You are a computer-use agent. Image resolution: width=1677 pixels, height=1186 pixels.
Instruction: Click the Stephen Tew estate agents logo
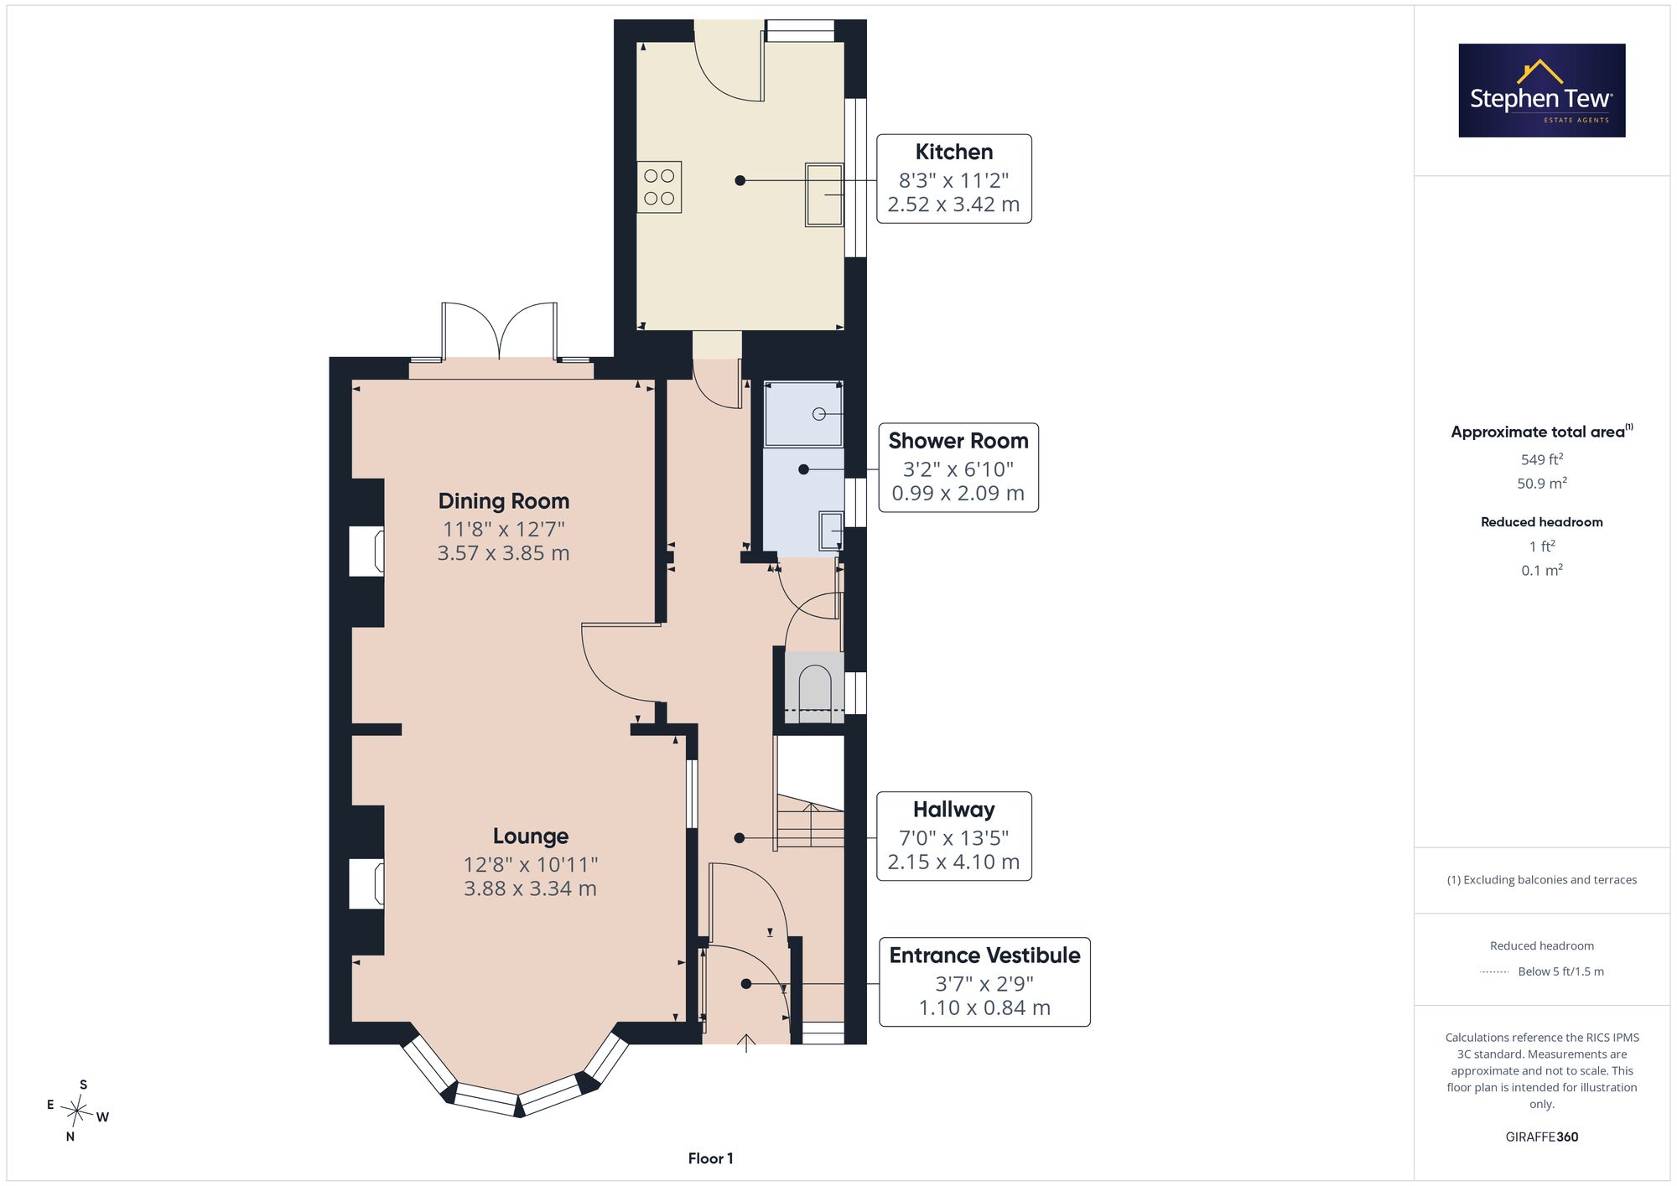click(1542, 91)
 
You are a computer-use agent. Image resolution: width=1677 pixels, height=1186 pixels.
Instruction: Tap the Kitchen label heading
click(954, 152)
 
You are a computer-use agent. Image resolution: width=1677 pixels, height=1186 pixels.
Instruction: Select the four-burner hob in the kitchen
click(659, 187)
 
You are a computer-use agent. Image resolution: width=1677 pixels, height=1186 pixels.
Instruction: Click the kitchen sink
click(824, 194)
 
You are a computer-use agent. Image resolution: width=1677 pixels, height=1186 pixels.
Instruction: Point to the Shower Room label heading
click(958, 441)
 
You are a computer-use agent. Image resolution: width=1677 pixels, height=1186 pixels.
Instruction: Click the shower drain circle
click(819, 414)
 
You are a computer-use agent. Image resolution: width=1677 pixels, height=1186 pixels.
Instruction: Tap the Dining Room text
click(504, 501)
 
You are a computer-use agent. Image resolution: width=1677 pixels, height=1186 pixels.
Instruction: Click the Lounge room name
click(531, 836)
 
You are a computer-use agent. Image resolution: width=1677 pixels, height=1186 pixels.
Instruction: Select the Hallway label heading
click(954, 810)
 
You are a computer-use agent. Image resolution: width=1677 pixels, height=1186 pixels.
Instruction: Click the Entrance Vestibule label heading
click(985, 956)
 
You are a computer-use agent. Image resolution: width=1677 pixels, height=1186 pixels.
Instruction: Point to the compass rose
click(78, 1111)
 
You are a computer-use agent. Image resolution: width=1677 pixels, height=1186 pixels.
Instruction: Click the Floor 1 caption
click(711, 1158)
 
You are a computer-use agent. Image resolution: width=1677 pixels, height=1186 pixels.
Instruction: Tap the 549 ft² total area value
click(1542, 459)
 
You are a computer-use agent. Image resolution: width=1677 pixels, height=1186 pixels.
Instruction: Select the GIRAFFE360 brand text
click(1542, 1137)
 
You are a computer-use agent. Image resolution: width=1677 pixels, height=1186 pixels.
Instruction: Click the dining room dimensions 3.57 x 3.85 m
click(504, 553)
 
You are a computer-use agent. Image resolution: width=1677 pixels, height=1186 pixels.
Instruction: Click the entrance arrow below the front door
click(746, 1043)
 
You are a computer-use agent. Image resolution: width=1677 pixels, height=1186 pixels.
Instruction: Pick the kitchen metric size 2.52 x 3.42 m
click(954, 205)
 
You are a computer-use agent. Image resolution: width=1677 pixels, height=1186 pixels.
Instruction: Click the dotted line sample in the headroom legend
click(1495, 972)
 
